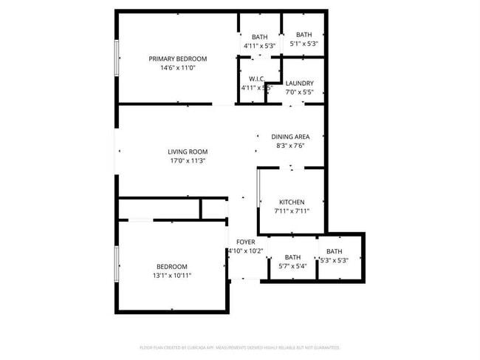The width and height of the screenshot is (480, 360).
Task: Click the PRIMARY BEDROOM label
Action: click(177, 58)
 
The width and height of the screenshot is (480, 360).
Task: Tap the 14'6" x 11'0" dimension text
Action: click(177, 68)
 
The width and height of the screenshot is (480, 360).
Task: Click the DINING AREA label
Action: click(290, 136)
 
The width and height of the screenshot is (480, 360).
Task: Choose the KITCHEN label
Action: click(291, 202)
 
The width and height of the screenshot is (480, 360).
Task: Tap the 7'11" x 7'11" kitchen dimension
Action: click(291, 211)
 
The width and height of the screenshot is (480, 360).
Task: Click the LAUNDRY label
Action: click(299, 84)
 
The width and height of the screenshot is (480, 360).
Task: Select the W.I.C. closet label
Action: click(257, 78)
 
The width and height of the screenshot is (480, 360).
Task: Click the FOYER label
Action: click(245, 242)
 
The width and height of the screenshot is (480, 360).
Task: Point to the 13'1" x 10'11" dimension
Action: click(171, 276)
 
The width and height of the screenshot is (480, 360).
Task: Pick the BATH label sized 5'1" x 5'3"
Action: click(304, 35)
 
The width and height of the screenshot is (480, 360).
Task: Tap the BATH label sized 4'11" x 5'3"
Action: click(259, 37)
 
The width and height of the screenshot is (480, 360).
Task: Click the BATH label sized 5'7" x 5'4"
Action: click(292, 257)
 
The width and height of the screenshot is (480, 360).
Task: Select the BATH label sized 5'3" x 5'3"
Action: click(335, 251)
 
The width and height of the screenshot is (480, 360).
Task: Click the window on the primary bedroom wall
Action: click(116, 57)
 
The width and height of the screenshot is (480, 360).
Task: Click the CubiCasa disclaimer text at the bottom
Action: click(239, 347)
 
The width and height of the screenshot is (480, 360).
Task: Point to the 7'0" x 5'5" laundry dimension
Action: click(299, 93)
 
